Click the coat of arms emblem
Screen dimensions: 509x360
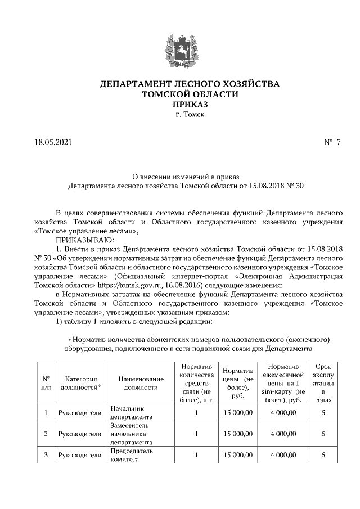point(181,51)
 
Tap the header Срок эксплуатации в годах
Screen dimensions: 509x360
point(323,383)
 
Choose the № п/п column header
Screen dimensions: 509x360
point(45,383)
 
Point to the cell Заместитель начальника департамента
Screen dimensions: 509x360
point(131,434)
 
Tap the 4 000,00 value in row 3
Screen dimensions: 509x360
point(283,454)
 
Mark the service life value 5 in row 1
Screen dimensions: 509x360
point(323,413)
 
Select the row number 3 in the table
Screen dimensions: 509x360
point(45,454)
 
